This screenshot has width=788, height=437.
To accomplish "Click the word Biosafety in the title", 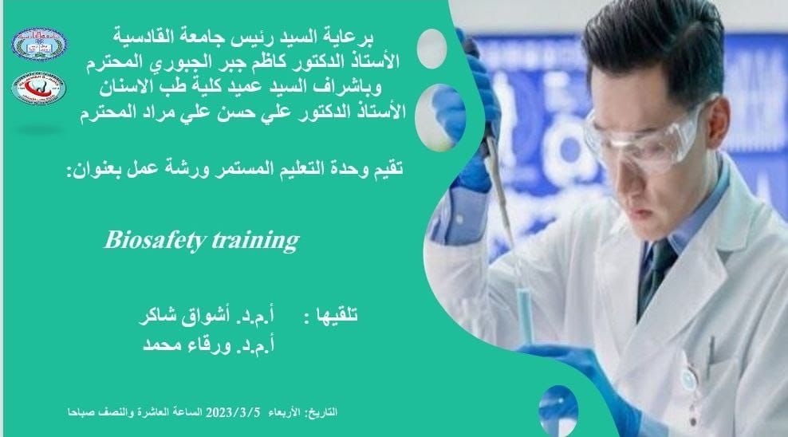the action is tap(155, 241).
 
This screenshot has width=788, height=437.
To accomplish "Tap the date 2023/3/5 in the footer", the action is tap(233, 413).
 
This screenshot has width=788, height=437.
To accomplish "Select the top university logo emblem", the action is tap(39, 44).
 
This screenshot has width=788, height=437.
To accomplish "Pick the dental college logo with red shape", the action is tap(39, 89).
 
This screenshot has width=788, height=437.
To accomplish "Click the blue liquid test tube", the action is tap(524, 314).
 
